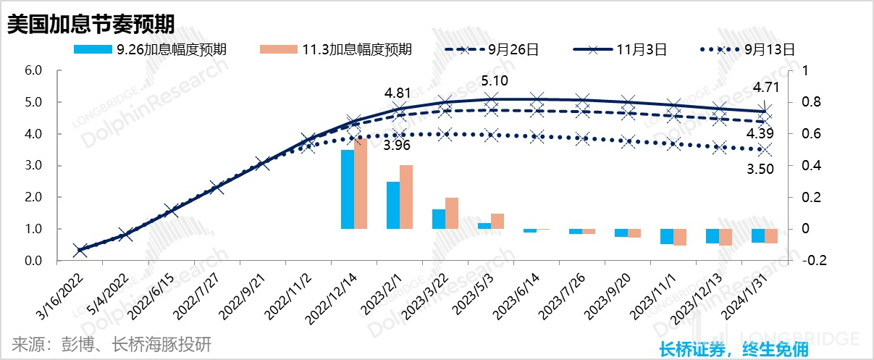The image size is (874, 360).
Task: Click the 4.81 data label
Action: click(x=398, y=93)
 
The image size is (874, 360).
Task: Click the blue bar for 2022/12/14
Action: click(x=348, y=189)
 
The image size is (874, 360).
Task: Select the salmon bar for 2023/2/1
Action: click(x=406, y=197)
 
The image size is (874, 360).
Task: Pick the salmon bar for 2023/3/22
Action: click(x=452, y=213)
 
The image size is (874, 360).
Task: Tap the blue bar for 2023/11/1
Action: click(x=666, y=236)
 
